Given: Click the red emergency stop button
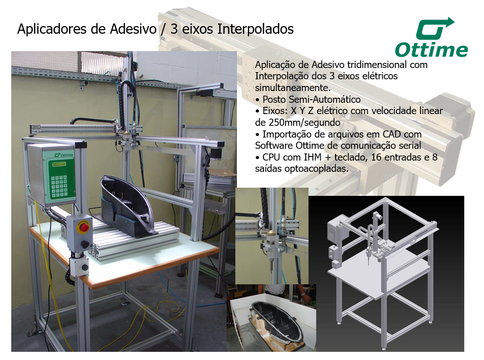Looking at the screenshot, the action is (x=84, y=228).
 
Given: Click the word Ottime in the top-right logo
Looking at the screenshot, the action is (x=431, y=50).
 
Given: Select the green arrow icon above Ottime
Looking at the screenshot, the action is (x=435, y=29).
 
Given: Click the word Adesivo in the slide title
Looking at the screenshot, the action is (x=134, y=29).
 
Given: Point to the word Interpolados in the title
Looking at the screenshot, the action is (x=256, y=29).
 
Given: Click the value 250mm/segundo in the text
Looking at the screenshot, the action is (x=298, y=122).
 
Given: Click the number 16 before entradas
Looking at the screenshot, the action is (x=376, y=157).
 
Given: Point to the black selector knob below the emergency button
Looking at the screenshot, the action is (x=83, y=245).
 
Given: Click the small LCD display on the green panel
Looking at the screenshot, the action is (x=59, y=164).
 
